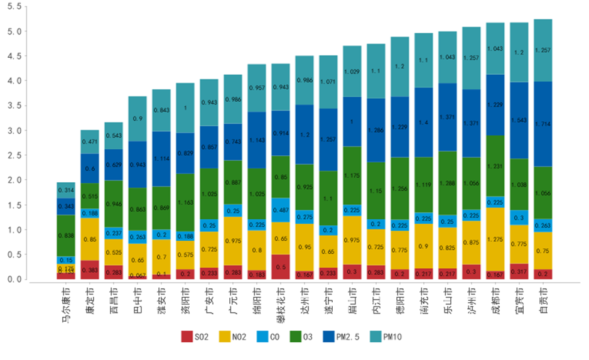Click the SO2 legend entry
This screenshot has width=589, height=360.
point(194,337)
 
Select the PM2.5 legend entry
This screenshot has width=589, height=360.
point(342,337)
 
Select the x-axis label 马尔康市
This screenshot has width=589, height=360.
point(66,304)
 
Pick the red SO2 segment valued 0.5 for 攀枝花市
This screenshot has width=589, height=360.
point(281,267)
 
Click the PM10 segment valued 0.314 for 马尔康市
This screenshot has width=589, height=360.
point(66,190)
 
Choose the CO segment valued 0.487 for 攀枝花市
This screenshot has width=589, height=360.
point(281,210)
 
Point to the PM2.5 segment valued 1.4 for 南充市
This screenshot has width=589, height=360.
point(424,122)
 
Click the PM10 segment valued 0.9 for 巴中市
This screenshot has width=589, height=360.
point(138,119)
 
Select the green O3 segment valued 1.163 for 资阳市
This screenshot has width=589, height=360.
point(185,202)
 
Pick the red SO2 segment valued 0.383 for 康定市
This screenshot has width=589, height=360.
point(90,270)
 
